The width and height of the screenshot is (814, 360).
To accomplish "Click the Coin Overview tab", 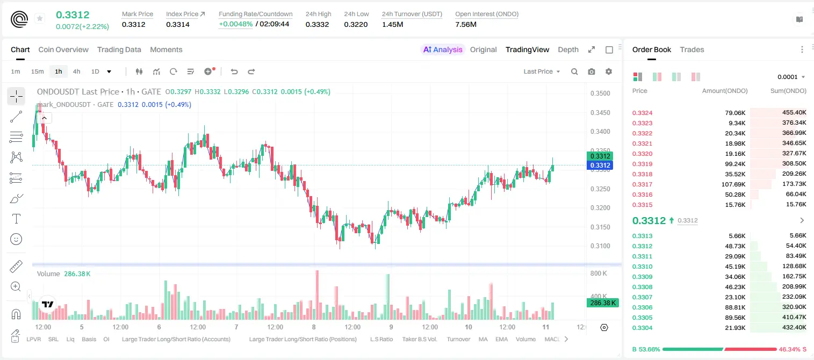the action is coord(63,49).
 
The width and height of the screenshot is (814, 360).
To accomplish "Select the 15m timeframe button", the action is coord(38,71).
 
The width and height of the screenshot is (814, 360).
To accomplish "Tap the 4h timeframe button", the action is coord(76,71).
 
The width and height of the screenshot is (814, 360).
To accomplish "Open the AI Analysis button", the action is coord(443,49).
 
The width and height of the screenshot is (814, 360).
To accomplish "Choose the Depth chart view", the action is coord(568,49).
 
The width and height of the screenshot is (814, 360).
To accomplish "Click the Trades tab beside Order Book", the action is coord(692,49).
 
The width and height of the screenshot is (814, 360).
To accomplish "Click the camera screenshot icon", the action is coord(592,71).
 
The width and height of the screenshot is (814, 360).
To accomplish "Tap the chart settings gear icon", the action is coord(609,71).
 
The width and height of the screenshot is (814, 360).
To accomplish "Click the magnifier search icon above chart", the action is coord(574,71).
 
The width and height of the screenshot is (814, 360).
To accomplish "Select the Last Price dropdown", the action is coord(542,71).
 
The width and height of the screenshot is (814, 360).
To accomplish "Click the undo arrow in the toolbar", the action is coord(234,71).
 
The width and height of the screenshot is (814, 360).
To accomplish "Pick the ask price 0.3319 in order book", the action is coord(642,164).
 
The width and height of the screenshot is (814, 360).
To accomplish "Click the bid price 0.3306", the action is coord(642,307).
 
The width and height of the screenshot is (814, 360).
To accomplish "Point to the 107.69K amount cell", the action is coord(733,184).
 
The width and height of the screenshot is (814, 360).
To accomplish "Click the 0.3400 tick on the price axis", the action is coord(600,132).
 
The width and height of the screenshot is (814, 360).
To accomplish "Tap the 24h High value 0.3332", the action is coord(317,24).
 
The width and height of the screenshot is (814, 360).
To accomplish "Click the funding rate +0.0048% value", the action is coord(235,24).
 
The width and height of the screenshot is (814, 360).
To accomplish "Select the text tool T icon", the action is coord(16,219).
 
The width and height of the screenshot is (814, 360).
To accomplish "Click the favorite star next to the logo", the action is coord(40,18).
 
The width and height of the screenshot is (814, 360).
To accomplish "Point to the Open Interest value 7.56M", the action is coord(465,24).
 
